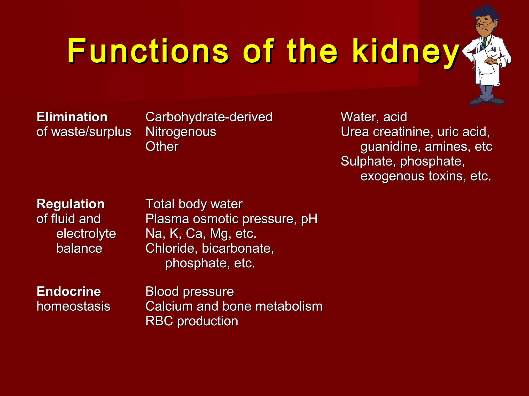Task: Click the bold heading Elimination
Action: pyautogui.click(x=72, y=117)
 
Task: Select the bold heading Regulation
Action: pyautogui.click(x=71, y=204)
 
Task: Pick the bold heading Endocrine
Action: pyautogui.click(x=69, y=292)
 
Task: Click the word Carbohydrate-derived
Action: pyautogui.click(x=209, y=117)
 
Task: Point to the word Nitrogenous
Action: pyautogui.click(x=181, y=132)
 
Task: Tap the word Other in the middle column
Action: pyautogui.click(x=162, y=146)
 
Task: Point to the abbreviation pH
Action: pyautogui.click(x=309, y=219)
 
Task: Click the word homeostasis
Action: pyautogui.click(x=73, y=307)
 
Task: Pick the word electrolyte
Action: pyautogui.click(x=86, y=234)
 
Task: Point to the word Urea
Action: pyautogui.click(x=355, y=132)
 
